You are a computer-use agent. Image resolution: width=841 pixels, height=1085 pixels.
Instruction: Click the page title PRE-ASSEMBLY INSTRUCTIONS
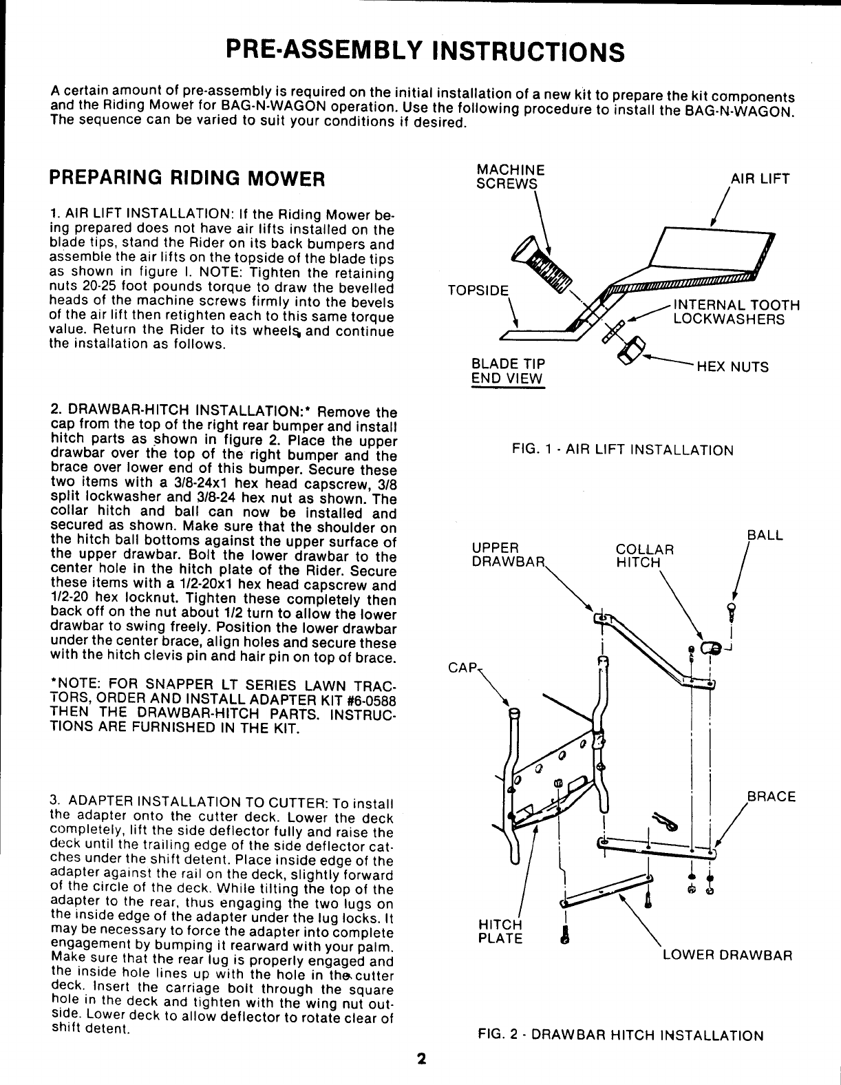(x=425, y=51)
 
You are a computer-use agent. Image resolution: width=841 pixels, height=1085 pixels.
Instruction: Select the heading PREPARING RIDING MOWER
(x=187, y=179)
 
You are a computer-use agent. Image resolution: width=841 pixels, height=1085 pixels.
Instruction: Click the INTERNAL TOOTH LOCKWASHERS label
(x=736, y=312)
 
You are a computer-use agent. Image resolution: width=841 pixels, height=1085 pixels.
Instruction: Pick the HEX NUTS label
(x=732, y=367)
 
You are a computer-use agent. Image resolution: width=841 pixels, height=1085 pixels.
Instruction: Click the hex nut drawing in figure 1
(x=630, y=350)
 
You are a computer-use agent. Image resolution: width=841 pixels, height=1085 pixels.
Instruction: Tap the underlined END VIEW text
(x=507, y=379)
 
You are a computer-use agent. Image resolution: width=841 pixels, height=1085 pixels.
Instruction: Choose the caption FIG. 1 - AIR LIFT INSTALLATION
(x=623, y=450)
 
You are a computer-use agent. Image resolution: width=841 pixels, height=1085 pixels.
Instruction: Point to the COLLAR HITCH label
(x=644, y=556)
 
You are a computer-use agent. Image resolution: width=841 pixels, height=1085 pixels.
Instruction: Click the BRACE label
(x=771, y=797)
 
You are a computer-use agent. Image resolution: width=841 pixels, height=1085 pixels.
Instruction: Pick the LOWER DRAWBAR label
(x=727, y=956)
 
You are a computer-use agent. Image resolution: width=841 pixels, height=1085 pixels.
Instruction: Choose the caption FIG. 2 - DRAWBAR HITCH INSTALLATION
(x=621, y=1035)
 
